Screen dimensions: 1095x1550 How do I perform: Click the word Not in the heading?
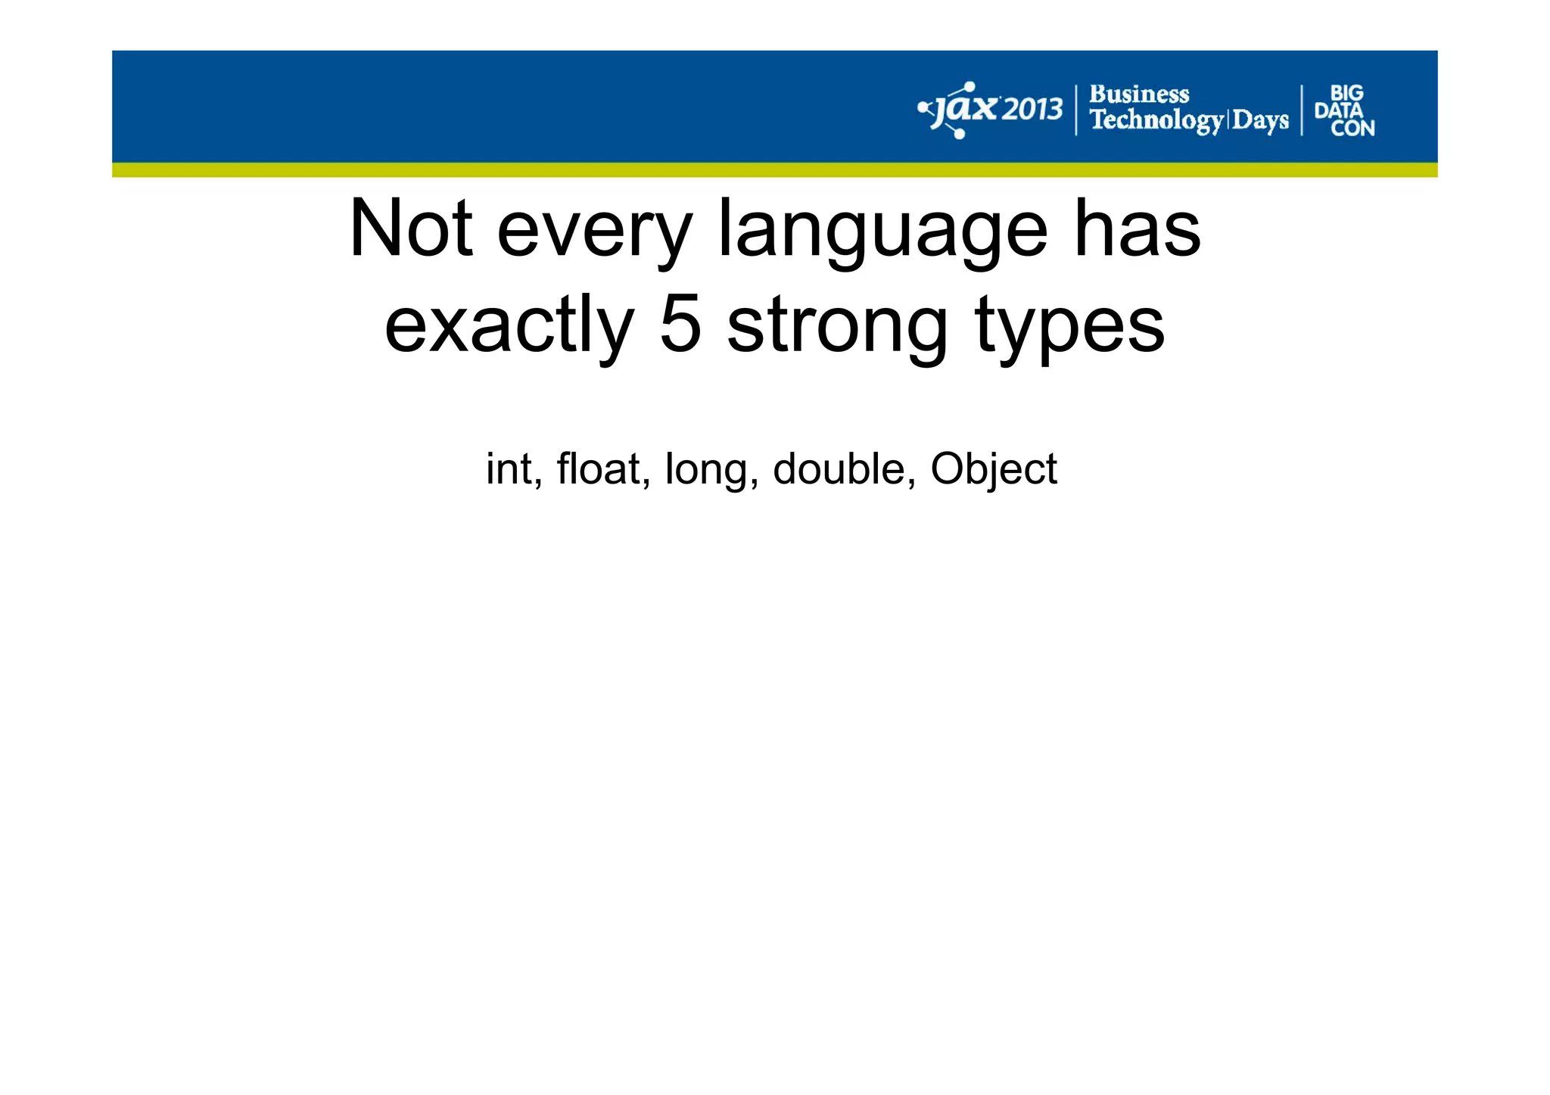411,229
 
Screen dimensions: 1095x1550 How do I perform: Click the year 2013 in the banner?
1032,110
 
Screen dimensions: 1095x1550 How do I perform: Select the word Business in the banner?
1139,95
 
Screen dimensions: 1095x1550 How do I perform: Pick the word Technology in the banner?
1156,120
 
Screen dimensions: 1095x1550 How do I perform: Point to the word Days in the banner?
1260,120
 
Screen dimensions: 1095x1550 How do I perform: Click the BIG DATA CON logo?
1344,110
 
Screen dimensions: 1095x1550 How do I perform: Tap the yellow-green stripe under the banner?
774,170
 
